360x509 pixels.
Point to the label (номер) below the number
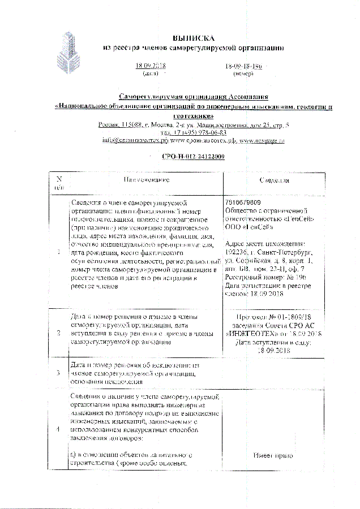tap(235, 74)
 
